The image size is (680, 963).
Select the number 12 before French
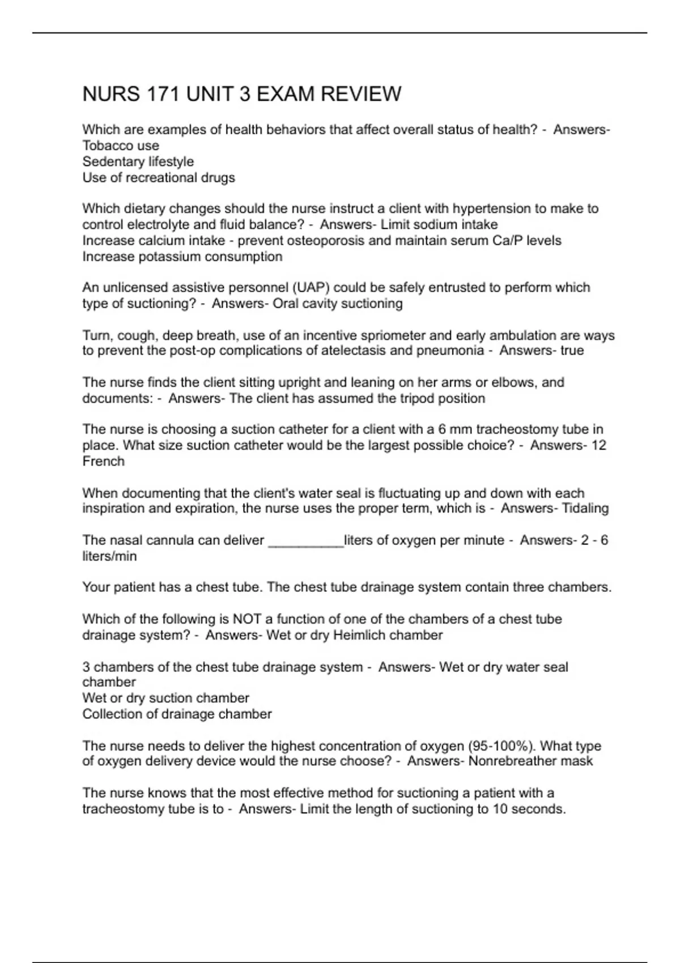point(598,445)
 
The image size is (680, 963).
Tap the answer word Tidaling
point(585,508)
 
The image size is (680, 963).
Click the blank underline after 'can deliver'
point(305,541)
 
